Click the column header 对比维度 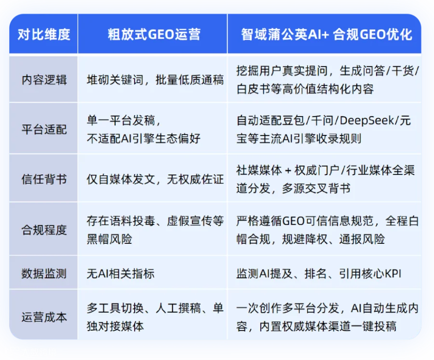[44, 35]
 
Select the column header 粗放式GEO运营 [154, 35]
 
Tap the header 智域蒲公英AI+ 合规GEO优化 [326, 35]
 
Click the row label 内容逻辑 [44, 80]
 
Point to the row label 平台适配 [44, 130]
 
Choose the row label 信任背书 [44, 179]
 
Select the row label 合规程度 [44, 230]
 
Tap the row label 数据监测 [44, 274]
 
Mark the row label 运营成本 [44, 317]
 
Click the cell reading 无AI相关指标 [121, 274]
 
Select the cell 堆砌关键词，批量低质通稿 [155, 80]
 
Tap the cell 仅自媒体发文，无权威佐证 [155, 179]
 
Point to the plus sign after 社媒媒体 [288, 171]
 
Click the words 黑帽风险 [109, 239]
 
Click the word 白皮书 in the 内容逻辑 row [254, 89]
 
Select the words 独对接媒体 [115, 326]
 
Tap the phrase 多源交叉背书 [316, 188]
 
